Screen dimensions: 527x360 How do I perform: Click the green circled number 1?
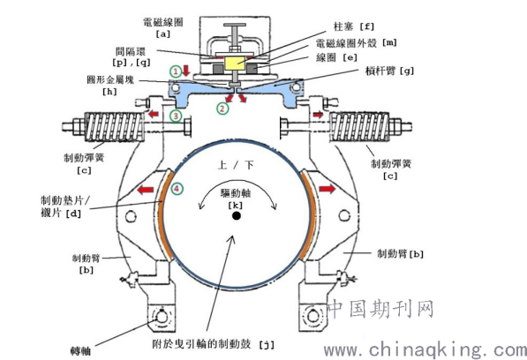[x=175, y=71]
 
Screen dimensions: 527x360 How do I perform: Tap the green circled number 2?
[x=222, y=109]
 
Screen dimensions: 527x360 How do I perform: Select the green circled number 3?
[x=176, y=116]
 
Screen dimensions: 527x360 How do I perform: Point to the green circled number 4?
[x=177, y=189]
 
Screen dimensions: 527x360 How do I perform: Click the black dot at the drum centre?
[x=237, y=215]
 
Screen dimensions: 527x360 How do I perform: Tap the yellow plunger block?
[x=235, y=64]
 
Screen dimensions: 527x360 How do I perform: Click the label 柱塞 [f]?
[x=354, y=26]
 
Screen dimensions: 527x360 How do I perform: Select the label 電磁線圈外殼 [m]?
[x=357, y=42]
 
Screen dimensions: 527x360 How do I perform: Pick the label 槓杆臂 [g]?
[x=389, y=71]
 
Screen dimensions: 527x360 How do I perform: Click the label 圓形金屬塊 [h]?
[x=110, y=86]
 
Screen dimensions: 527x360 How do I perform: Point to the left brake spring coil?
[x=114, y=127]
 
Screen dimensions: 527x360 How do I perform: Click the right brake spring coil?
[x=359, y=127]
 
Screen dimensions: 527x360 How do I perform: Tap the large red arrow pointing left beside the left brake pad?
[x=146, y=190]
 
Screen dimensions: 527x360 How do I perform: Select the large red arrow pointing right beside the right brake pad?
[x=327, y=189]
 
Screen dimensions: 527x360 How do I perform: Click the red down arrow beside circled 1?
[x=186, y=71]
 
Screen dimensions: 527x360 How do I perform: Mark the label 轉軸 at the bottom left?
[x=80, y=351]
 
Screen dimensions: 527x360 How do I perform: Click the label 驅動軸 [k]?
[x=236, y=199]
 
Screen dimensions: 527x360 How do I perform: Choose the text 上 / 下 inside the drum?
[x=236, y=165]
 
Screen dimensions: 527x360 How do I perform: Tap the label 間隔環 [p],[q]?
[x=131, y=56]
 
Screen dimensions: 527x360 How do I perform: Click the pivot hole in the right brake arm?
[x=344, y=215]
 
